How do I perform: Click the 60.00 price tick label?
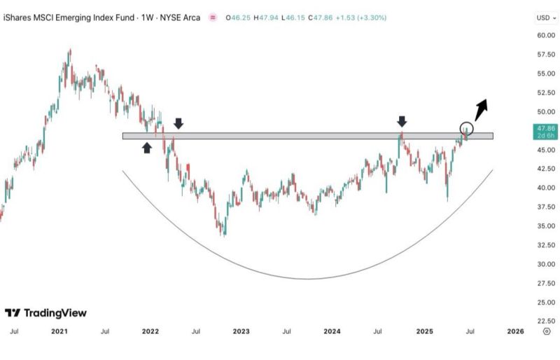click(546, 35)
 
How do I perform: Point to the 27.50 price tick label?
click(546, 283)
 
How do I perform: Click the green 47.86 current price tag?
click(546, 132)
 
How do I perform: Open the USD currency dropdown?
click(545, 17)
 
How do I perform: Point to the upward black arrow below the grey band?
click(147, 147)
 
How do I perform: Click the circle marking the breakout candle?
click(467, 129)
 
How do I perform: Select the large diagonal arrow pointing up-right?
click(481, 109)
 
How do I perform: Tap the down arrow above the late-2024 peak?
click(402, 122)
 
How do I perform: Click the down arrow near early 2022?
click(178, 123)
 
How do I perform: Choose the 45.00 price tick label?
click(546, 150)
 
